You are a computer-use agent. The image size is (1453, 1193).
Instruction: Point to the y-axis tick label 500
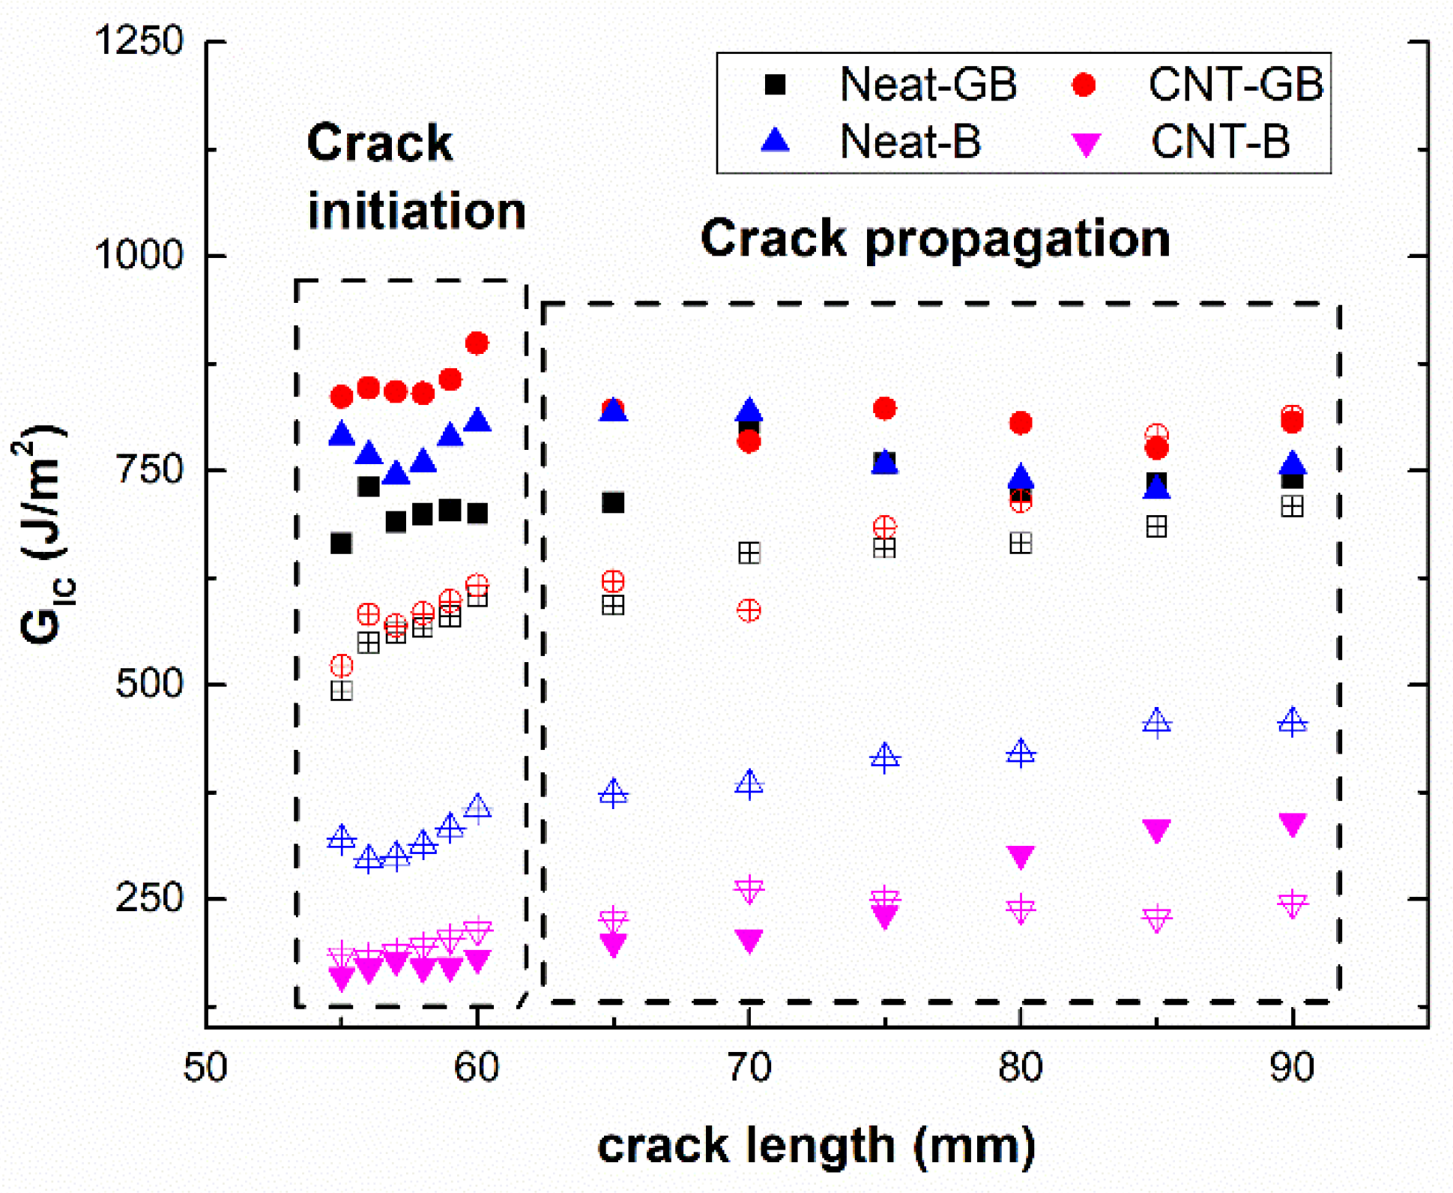pyautogui.click(x=149, y=684)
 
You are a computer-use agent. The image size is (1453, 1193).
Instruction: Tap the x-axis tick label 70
pyautogui.click(x=749, y=1067)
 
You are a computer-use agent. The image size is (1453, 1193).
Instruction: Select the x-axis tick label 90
pyautogui.click(x=1292, y=1067)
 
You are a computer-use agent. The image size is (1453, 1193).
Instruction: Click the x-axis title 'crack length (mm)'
pyautogui.click(x=816, y=1146)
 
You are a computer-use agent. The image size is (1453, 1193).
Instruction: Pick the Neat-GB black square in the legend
pyautogui.click(x=775, y=84)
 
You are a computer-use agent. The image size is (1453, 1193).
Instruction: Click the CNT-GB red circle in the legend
pyautogui.click(x=1084, y=85)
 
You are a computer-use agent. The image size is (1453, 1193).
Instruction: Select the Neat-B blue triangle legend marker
pyautogui.click(x=776, y=140)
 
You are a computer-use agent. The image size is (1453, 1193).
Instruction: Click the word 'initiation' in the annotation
pyautogui.click(x=417, y=211)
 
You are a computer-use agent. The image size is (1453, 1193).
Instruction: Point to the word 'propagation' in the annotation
pyautogui.click(x=1017, y=240)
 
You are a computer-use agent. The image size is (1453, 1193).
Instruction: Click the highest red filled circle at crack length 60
pyautogui.click(x=477, y=343)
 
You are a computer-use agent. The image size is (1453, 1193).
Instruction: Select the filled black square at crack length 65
pyautogui.click(x=613, y=502)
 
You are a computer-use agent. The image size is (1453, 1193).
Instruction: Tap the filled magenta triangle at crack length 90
pyautogui.click(x=1293, y=823)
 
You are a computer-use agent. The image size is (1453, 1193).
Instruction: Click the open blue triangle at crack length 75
pyautogui.click(x=885, y=757)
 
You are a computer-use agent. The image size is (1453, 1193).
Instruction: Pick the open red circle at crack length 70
pyautogui.click(x=749, y=610)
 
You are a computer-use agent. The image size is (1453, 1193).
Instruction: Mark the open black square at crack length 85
pyautogui.click(x=1156, y=526)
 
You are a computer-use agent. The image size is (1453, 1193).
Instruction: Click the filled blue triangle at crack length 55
pyautogui.click(x=342, y=434)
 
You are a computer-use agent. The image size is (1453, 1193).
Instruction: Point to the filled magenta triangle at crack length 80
pyautogui.click(x=1021, y=856)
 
